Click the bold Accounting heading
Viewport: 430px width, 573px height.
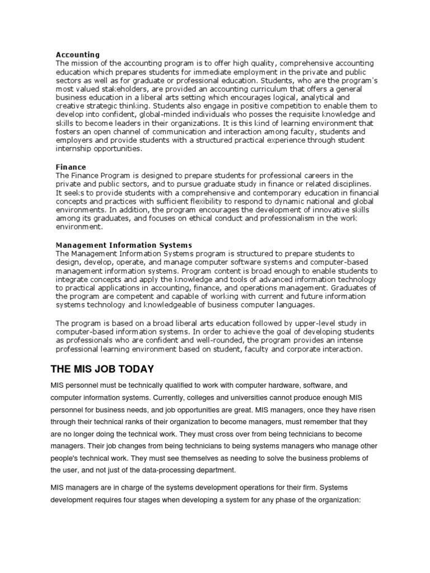[x=77, y=55]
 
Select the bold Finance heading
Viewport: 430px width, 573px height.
[x=71, y=167]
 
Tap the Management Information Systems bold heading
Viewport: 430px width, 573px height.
[x=124, y=245]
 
